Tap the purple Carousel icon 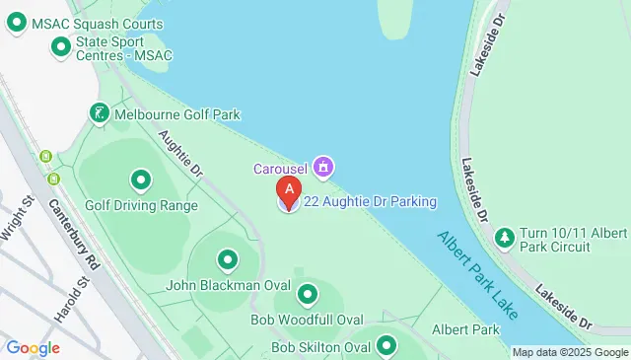pos(323,166)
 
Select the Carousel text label pos(280,166)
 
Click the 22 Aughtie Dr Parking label pos(370,202)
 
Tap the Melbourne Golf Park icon pos(99,115)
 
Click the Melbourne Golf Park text pos(176,115)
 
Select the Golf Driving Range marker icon pos(140,180)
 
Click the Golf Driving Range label pos(141,205)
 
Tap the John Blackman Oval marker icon pos(228,260)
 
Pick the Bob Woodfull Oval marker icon pos(308,294)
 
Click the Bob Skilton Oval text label pos(320,347)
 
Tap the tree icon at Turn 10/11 pos(505,237)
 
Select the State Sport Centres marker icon pos(61,45)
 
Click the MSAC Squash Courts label pos(97,23)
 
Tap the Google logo pos(33,347)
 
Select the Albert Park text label pos(466,328)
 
